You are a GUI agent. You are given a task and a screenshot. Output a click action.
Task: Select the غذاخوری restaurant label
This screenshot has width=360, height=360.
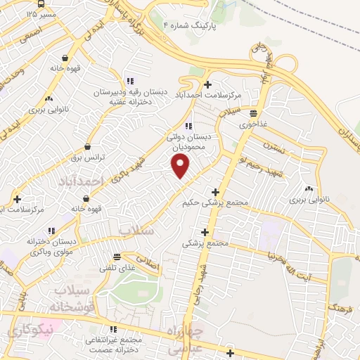click(x=254, y=124)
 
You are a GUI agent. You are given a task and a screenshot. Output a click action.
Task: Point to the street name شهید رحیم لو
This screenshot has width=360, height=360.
click(x=259, y=163)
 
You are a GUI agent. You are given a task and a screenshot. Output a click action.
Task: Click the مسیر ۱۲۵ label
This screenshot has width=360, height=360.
click(x=41, y=13)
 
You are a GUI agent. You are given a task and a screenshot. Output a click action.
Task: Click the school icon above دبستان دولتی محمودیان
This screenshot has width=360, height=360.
click(x=187, y=126)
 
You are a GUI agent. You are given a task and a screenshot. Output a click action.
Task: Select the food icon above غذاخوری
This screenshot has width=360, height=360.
click(x=253, y=113)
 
